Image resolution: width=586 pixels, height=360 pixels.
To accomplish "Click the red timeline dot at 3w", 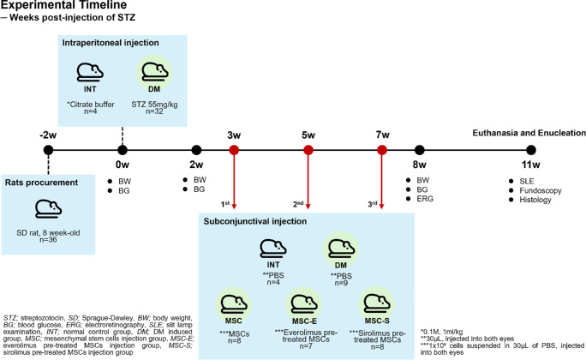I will (234, 151).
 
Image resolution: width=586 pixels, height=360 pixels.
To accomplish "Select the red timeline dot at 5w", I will (308, 151).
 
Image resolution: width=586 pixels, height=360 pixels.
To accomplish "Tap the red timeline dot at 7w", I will (382, 151).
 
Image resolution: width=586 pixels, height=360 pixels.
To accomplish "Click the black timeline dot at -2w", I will (49, 151).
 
